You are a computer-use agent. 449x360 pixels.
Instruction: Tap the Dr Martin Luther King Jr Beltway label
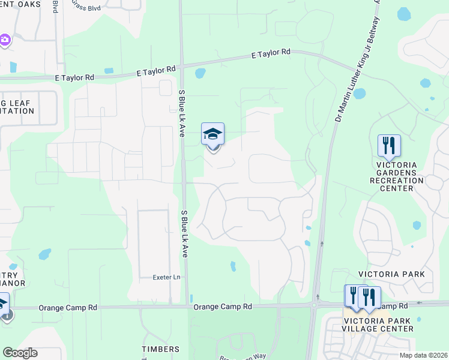[357, 60]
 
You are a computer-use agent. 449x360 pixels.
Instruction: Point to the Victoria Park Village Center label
[378, 325]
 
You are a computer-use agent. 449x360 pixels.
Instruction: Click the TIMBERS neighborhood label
[160, 349]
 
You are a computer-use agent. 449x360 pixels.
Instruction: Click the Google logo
[20, 353]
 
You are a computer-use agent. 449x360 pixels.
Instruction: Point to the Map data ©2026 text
[423, 355]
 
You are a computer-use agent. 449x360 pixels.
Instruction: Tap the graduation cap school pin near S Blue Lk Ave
[213, 134]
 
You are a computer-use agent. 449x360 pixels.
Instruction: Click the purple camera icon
[5, 40]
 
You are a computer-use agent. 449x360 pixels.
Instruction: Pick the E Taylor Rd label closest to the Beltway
[271, 54]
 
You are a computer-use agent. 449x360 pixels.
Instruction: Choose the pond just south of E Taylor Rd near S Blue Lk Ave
[200, 74]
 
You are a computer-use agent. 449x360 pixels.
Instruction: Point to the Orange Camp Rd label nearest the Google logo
[67, 308]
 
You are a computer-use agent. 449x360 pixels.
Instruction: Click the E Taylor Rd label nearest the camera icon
[74, 77]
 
